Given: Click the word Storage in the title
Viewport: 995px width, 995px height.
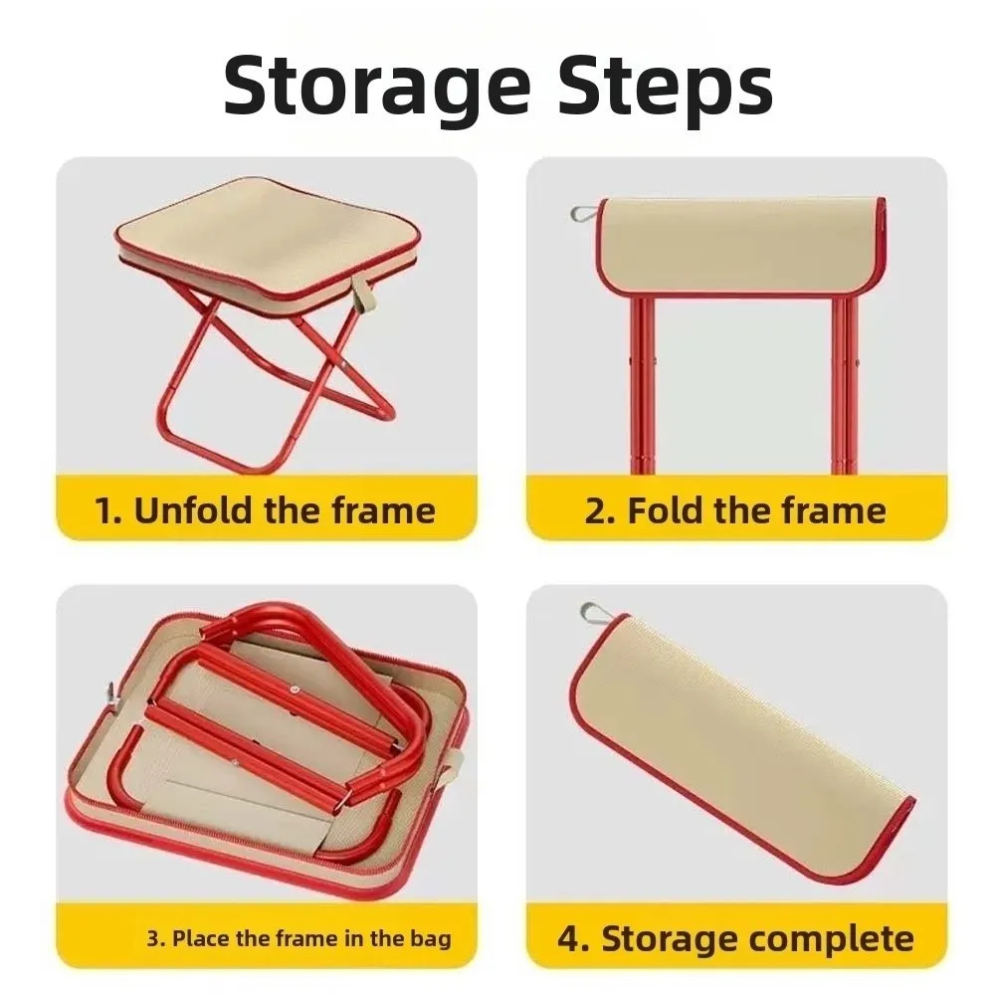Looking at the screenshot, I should (374, 88).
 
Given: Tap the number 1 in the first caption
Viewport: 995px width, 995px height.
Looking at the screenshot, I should (103, 510).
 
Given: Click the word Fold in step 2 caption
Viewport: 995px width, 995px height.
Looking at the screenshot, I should (666, 510).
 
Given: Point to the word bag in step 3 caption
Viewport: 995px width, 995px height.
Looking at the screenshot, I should (431, 937).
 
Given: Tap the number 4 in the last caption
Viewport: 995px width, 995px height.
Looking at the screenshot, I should (569, 937).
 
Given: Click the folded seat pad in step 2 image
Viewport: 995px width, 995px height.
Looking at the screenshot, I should (741, 244).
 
